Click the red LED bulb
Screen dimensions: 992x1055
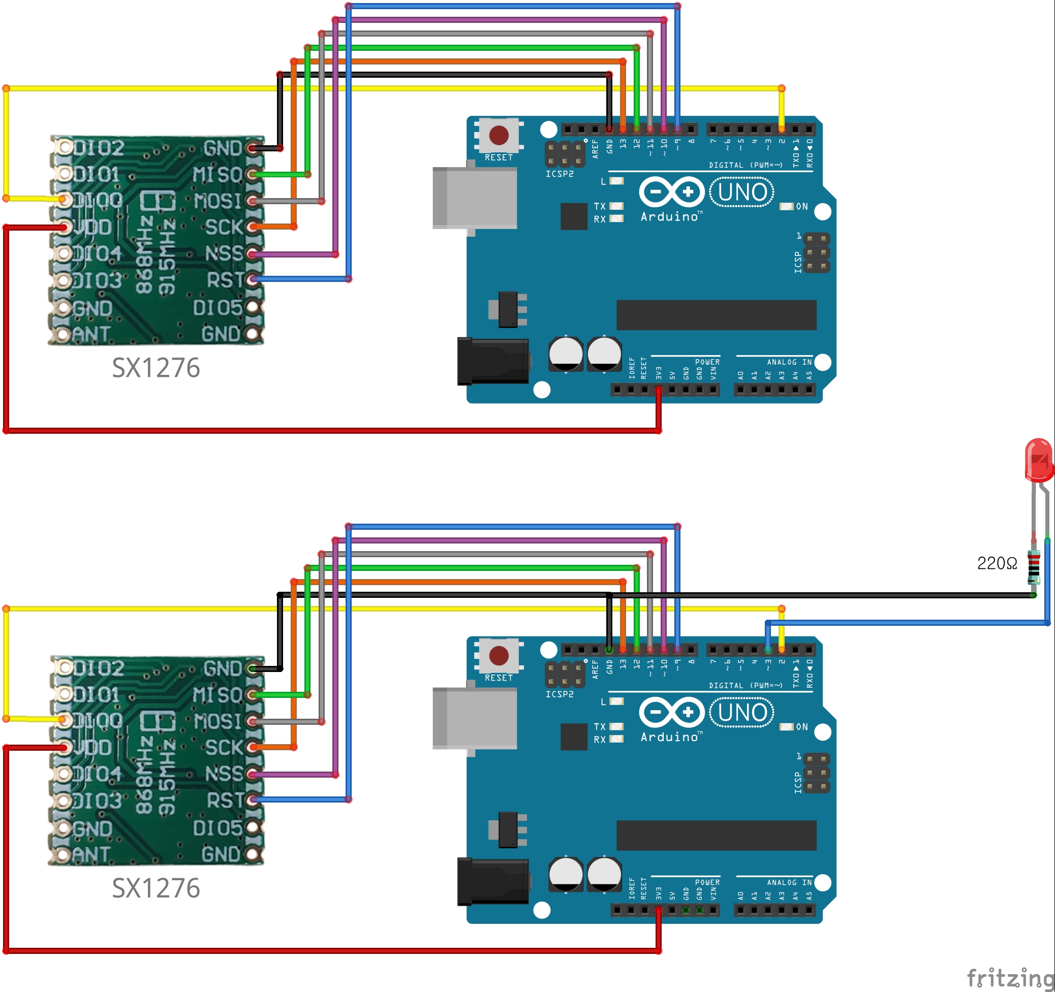tap(1038, 459)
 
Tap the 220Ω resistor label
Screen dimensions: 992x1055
tap(997, 563)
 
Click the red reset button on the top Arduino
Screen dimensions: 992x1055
tap(499, 135)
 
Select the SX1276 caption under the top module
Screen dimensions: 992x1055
tap(156, 368)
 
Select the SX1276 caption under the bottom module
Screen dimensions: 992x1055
tap(156, 888)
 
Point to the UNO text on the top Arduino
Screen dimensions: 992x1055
tap(742, 192)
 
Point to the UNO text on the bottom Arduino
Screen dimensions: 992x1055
tap(742, 713)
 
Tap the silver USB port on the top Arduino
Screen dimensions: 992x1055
tap(475, 198)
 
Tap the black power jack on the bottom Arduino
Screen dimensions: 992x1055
tap(492, 881)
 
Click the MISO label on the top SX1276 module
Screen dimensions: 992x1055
tap(218, 175)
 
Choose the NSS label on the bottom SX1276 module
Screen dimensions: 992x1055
tap(224, 774)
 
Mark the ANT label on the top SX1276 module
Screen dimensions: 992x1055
tap(91, 334)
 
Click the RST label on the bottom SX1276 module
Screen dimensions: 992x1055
tap(225, 800)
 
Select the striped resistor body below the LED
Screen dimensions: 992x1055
tap(1033, 567)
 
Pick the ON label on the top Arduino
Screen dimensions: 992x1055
tap(801, 206)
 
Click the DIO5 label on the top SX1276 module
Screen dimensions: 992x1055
tap(217, 308)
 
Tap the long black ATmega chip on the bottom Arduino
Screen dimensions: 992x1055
tap(716, 836)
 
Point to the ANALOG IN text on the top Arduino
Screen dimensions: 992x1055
tap(789, 362)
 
